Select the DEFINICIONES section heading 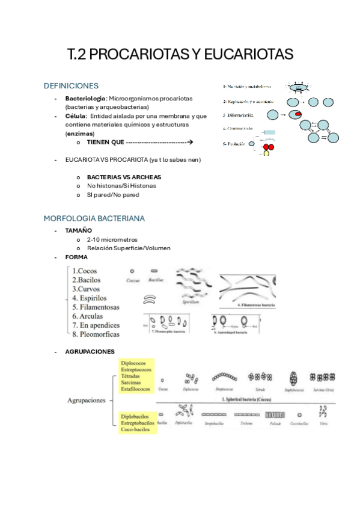[x=72, y=86]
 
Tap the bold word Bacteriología [x=86, y=98]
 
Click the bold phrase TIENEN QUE [x=105, y=143]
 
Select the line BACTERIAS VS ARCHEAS [x=124, y=177]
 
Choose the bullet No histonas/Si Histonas [x=121, y=186]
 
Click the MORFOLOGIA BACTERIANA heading [x=94, y=218]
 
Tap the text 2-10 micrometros [x=112, y=239]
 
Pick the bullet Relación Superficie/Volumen [x=129, y=248]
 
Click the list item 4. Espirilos [x=90, y=298]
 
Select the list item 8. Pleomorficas [x=96, y=334]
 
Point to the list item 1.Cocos [x=84, y=271]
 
